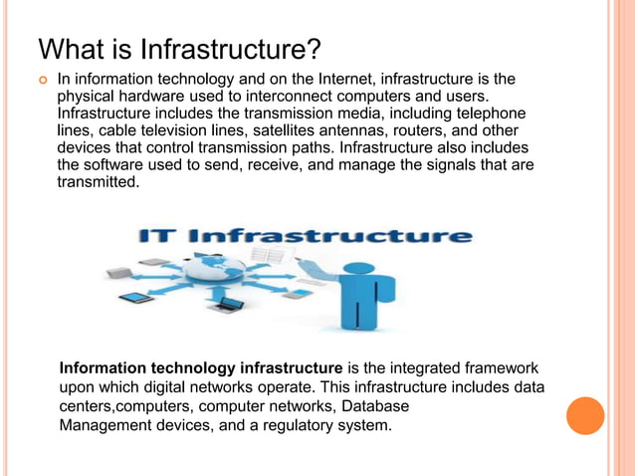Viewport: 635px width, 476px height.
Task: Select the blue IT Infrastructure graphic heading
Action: point(304,237)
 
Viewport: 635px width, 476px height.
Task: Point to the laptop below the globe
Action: point(229,305)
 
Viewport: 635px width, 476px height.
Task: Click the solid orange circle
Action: point(585,415)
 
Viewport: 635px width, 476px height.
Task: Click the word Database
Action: point(369,407)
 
